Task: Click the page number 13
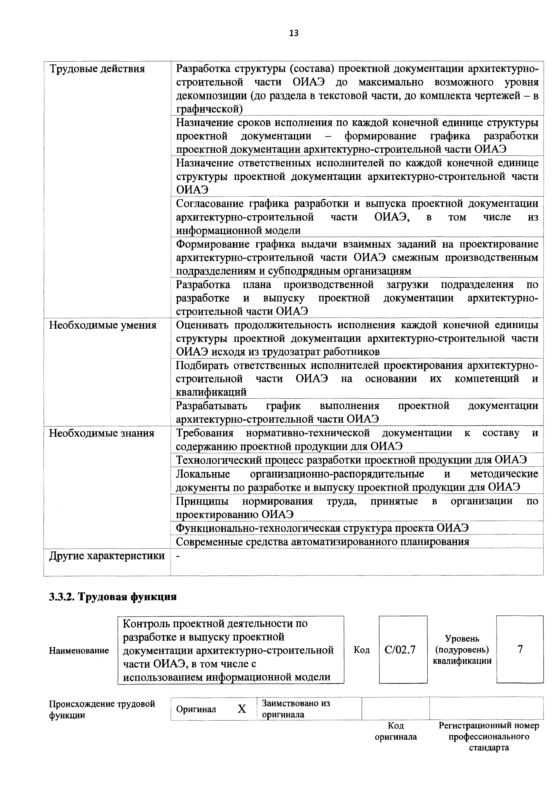(294, 33)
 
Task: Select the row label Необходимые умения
(103, 325)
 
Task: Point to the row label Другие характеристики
(107, 556)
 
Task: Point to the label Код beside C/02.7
(361, 650)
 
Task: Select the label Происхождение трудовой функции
(102, 709)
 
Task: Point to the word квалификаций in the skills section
(211, 392)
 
